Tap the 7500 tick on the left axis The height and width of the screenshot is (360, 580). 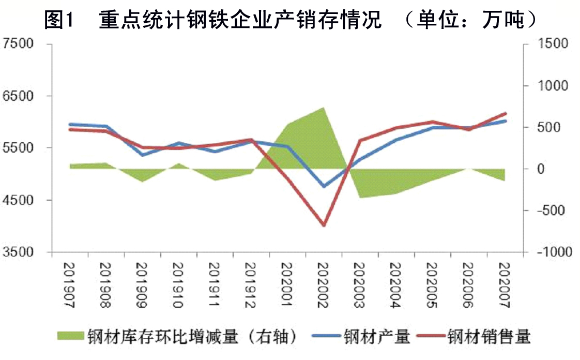19,43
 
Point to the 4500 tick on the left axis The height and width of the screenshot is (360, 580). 19,200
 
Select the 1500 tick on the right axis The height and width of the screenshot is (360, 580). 551,43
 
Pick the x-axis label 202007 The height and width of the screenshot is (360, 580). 505,284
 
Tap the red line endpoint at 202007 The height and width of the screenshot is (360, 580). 505,113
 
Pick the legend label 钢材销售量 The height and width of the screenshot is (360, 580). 489,337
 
